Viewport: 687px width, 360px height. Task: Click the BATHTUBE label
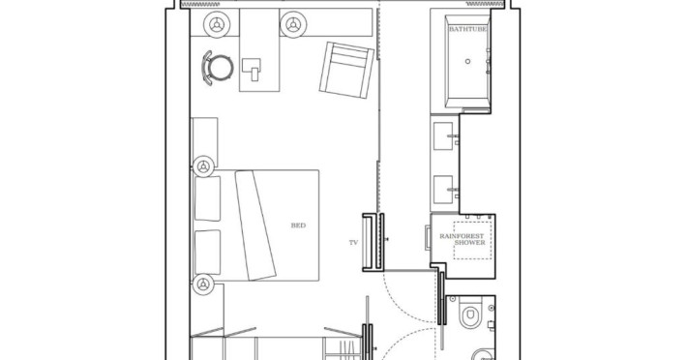pyautogui.click(x=467, y=29)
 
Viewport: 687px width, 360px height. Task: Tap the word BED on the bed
pyautogui.click(x=298, y=225)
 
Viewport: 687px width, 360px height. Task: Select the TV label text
pyautogui.click(x=353, y=242)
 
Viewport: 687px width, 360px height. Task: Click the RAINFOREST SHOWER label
pyautogui.click(x=463, y=239)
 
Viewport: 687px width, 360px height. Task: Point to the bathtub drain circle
pyautogui.click(x=468, y=61)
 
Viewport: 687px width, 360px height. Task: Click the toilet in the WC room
pyautogui.click(x=470, y=313)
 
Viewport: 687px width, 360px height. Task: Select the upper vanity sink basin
pyautogui.click(x=443, y=136)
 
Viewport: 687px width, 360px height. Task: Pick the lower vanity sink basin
pyautogui.click(x=443, y=190)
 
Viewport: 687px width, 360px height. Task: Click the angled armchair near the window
pyautogui.click(x=346, y=70)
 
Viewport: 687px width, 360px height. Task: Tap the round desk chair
pyautogui.click(x=218, y=68)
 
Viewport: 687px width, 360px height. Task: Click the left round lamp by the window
pyautogui.click(x=217, y=24)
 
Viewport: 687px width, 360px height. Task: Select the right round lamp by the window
pyautogui.click(x=293, y=24)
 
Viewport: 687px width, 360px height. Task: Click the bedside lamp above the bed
pyautogui.click(x=203, y=166)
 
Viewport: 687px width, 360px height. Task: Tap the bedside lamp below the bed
pyautogui.click(x=203, y=285)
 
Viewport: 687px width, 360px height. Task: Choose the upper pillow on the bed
pyautogui.click(x=207, y=198)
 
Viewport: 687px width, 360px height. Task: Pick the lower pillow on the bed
pyautogui.click(x=207, y=253)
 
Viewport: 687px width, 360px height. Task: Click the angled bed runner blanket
pyautogui.click(x=255, y=225)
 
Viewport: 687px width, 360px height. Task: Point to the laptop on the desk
pyautogui.click(x=252, y=70)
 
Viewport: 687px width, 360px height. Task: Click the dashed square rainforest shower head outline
pyautogui.click(x=472, y=240)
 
